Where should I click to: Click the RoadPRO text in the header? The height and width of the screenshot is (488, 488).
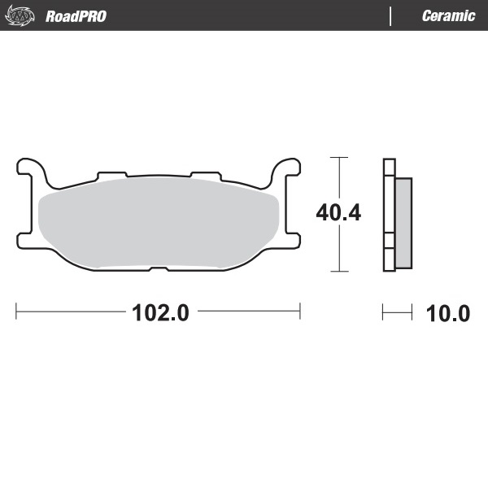(x=76, y=15)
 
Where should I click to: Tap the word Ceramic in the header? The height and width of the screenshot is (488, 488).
(x=448, y=15)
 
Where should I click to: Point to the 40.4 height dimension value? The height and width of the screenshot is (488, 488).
(x=338, y=213)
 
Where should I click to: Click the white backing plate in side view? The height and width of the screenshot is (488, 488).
(x=388, y=215)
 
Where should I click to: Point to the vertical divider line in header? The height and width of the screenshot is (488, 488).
(x=391, y=15)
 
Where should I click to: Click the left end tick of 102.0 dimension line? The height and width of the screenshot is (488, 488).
(x=17, y=311)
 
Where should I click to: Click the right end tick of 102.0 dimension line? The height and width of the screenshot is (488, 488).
(x=300, y=311)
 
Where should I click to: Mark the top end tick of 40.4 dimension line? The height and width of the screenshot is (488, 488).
(x=338, y=157)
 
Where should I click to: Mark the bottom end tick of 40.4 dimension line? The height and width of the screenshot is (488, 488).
(x=338, y=271)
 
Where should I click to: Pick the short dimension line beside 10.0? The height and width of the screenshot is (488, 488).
(x=397, y=311)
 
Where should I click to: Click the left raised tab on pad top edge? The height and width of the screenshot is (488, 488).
(x=111, y=175)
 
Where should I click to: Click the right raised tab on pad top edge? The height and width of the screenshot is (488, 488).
(x=205, y=175)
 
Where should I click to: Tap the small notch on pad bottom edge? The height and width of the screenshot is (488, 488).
(x=159, y=268)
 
